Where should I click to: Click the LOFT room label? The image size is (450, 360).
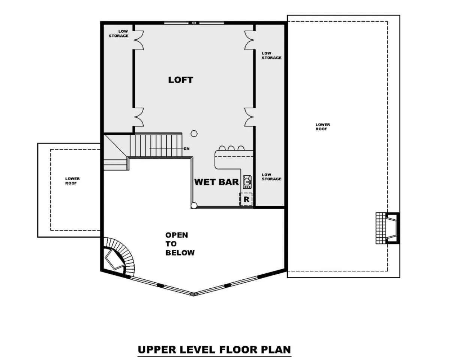pos(181,80)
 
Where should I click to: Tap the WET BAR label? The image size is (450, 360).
pos(216,182)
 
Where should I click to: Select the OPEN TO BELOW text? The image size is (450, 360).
pos(180,244)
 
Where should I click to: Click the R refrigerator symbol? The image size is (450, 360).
pos(246,199)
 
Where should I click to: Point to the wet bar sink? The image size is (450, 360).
pos(247,182)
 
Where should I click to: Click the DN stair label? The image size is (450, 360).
pos(186,149)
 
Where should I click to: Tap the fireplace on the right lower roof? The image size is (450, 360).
pos(387,228)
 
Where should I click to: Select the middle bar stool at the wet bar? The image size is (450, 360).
pos(231,148)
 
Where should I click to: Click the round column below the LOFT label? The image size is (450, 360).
pos(194,133)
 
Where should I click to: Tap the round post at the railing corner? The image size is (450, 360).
pos(194,205)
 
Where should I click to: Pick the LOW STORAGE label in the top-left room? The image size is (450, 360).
pos(118,34)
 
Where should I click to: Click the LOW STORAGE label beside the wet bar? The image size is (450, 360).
pos(271,177)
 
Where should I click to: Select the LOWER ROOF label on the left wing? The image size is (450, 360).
pos(72,181)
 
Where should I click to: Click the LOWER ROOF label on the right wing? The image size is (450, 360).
pos(322,127)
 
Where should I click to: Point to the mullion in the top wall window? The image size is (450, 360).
pos(194,23)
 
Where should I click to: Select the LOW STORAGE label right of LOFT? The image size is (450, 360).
pos(271,55)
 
